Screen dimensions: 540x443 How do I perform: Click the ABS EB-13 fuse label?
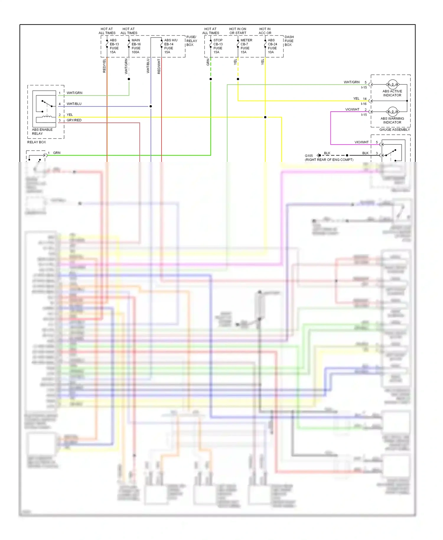pos(114,46)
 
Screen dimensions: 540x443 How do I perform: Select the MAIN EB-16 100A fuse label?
pos(136,46)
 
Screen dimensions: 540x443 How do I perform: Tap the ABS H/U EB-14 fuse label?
pos(170,46)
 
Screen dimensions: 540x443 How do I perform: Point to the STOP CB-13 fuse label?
pos(218,46)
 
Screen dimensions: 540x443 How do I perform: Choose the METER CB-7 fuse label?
pos(246,46)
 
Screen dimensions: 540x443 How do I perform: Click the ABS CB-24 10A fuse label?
pos(272,46)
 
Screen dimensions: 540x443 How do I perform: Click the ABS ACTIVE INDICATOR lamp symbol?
pos(392,85)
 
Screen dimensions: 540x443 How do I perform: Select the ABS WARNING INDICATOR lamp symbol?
pos(392,112)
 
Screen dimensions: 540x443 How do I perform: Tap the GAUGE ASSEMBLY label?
pos(394,130)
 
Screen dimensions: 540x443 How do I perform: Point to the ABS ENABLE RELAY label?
pos(42,131)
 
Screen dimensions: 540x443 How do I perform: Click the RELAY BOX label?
pos(37,142)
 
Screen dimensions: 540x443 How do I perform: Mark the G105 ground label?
pos(309,156)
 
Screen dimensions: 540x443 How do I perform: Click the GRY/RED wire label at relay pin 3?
pos(74,120)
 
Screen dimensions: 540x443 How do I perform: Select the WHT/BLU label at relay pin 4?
pos(74,104)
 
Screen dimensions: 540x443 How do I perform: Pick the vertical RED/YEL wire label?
pos(104,66)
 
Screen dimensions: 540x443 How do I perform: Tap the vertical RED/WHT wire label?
pos(159,66)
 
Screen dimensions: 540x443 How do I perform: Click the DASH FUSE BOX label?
pos(289,41)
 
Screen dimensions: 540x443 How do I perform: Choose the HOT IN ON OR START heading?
pos(238,31)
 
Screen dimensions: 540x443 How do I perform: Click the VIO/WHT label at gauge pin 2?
pos(352,110)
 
